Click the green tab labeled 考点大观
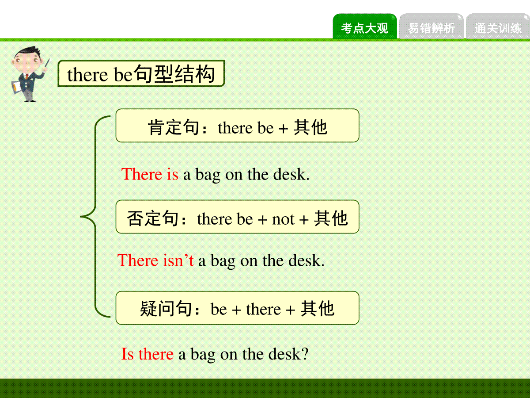click(365, 27)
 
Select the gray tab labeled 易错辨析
click(431, 27)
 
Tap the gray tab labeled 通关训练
click(498, 27)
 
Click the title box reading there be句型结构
click(141, 73)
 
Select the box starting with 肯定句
click(237, 126)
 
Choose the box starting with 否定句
click(237, 217)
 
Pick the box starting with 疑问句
click(237, 308)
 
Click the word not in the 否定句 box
click(283, 219)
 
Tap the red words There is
click(150, 174)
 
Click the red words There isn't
click(155, 260)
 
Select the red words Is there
click(147, 354)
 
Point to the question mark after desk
click(304, 354)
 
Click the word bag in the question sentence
click(203, 355)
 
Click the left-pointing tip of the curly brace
click(80, 217)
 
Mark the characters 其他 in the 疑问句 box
click(317, 308)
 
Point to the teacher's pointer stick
click(47, 64)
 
